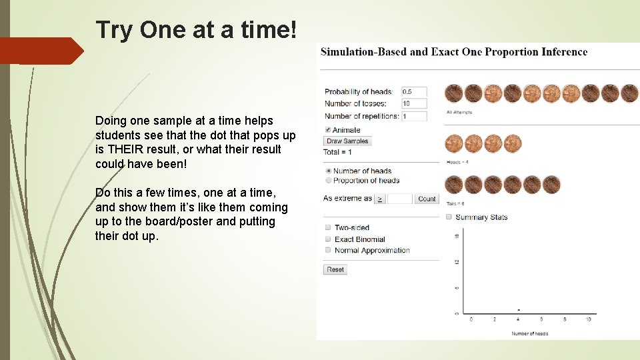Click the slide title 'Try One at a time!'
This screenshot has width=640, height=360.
tap(197, 30)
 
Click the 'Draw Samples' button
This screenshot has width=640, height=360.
tap(347, 141)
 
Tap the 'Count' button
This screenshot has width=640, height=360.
tap(427, 199)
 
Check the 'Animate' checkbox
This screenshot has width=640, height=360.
tap(328, 130)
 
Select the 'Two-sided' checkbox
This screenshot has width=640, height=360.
tap(328, 228)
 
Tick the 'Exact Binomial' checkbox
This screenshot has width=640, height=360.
tap(328, 239)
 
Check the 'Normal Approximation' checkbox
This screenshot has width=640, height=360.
tap(328, 251)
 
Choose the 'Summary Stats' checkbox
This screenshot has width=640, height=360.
tap(449, 217)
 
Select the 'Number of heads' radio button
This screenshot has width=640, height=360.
tap(328, 171)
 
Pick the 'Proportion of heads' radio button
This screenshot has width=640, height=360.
tap(328, 181)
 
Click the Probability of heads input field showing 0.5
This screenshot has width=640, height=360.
tap(414, 92)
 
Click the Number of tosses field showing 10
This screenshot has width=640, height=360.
tap(414, 103)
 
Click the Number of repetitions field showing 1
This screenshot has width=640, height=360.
tap(414, 116)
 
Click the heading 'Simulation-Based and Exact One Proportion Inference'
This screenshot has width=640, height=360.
tap(454, 52)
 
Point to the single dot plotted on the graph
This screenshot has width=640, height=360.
tap(519, 310)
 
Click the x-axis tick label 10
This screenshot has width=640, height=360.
tap(588, 320)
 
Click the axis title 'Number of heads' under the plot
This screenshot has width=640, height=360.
tap(530, 333)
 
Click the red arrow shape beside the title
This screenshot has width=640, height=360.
tap(41, 51)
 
